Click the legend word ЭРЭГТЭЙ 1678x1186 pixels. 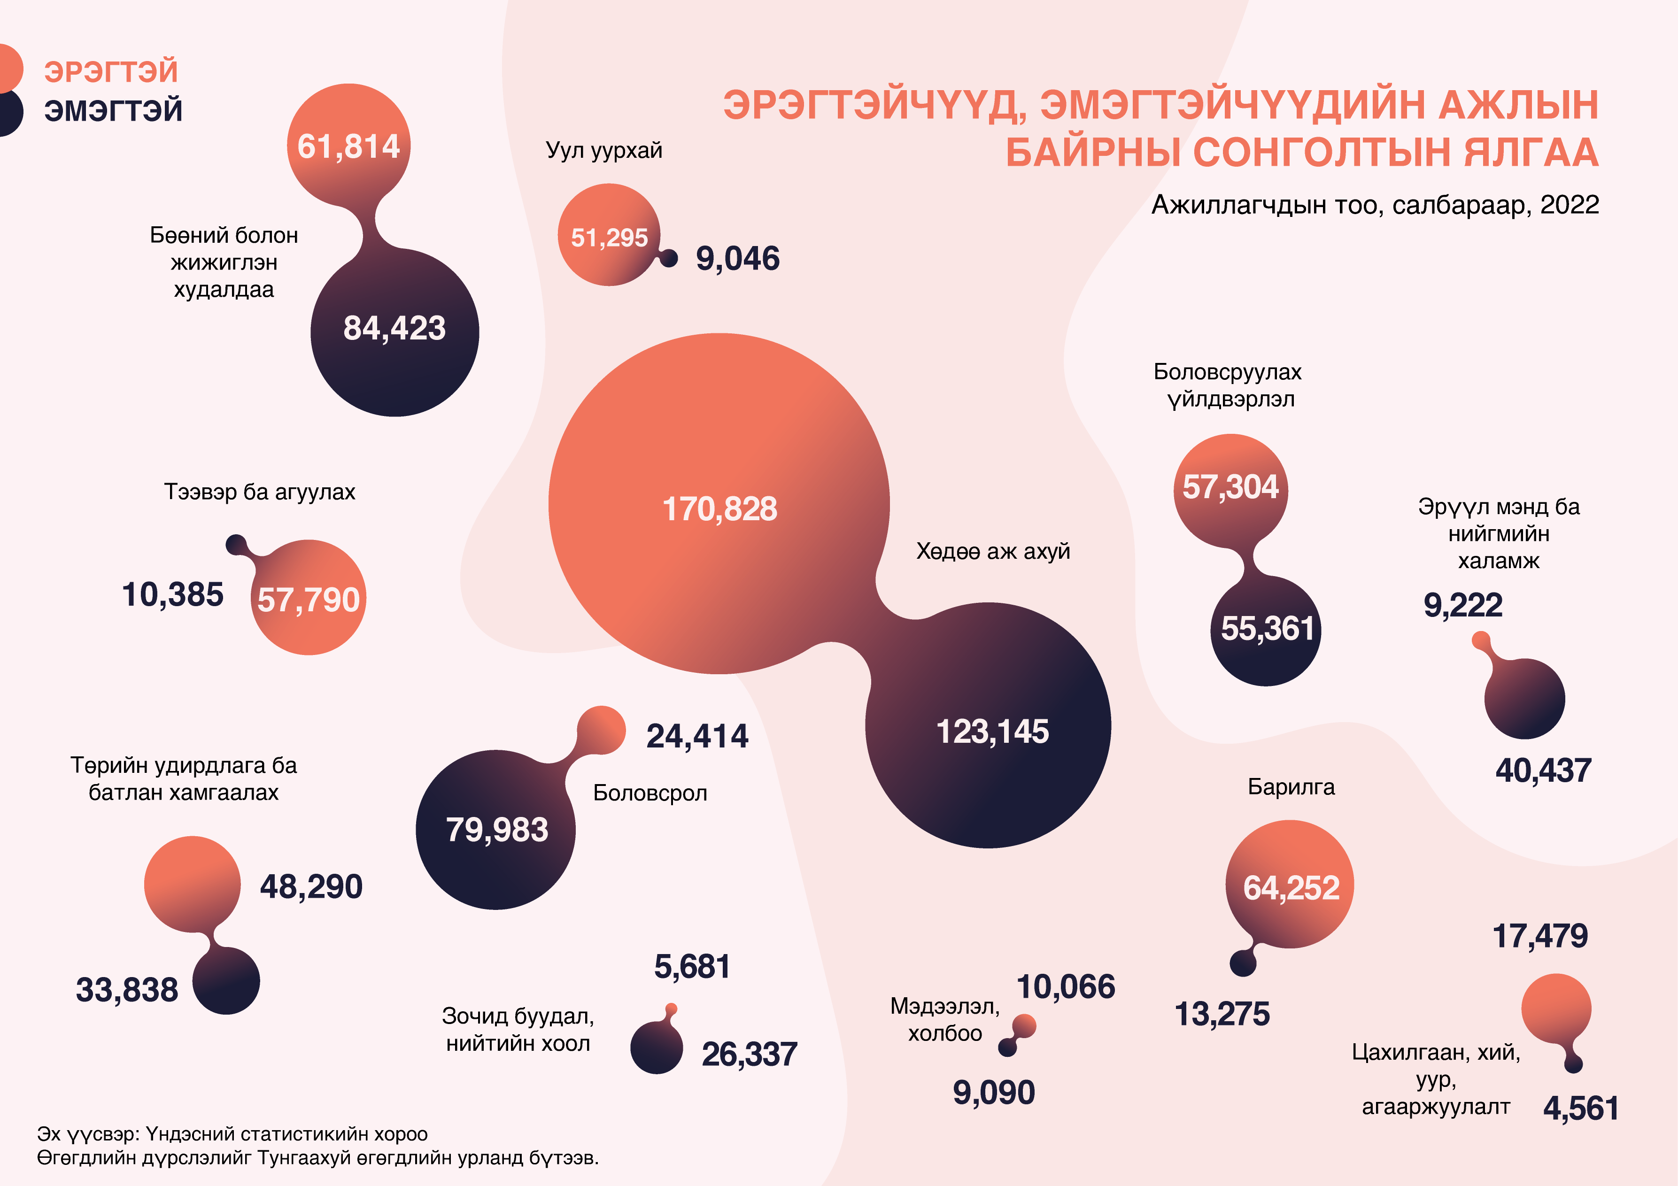111,72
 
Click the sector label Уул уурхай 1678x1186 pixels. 603,151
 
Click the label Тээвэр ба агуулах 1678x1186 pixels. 259,492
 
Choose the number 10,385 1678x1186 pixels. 172,595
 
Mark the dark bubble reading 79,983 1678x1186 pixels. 496,830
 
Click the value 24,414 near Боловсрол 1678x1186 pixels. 697,736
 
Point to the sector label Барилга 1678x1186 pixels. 1291,787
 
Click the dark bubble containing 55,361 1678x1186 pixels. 1267,629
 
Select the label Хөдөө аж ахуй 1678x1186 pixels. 992,551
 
